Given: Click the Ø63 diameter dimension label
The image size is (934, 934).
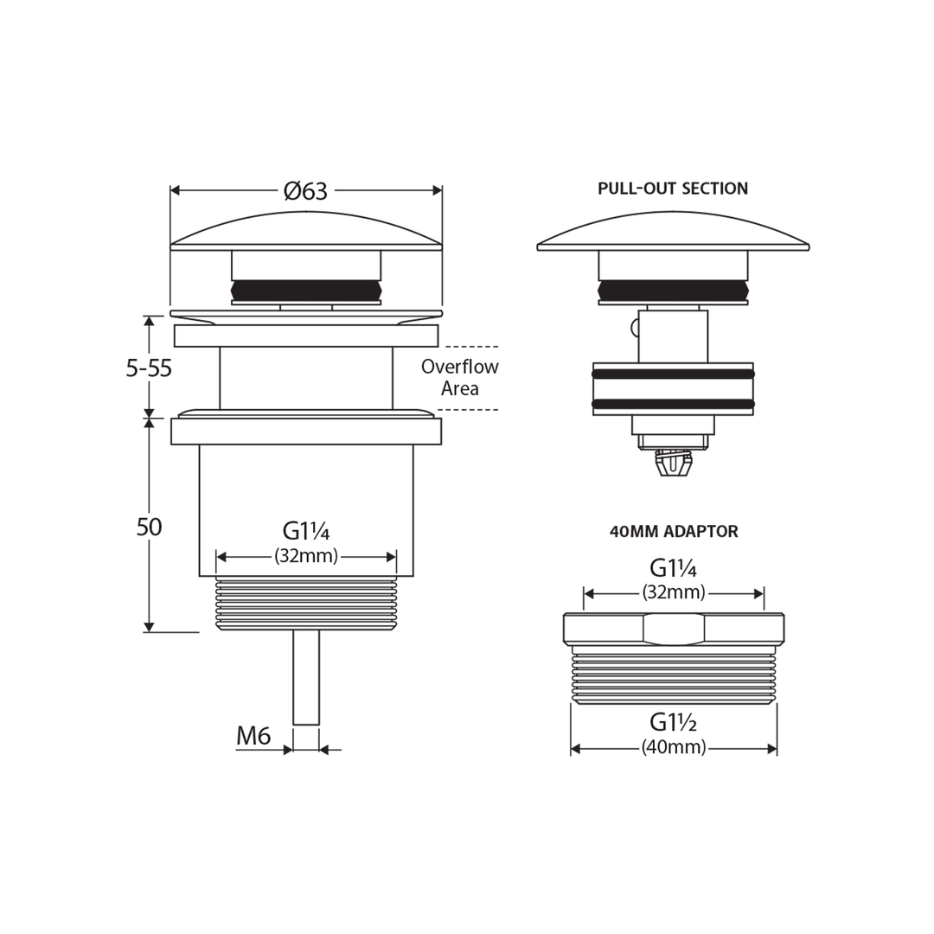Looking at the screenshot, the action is [x=306, y=191].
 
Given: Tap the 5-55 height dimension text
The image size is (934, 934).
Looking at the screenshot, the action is [x=149, y=368].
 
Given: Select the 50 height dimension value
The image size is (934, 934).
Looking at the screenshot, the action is [x=149, y=528].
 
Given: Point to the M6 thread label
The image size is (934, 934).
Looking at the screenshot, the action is [x=253, y=736].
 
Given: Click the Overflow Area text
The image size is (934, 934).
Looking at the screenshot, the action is [x=460, y=377].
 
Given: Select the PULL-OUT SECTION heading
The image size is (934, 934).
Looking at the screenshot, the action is [x=673, y=189].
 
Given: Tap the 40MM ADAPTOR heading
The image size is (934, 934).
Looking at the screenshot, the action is [x=674, y=531].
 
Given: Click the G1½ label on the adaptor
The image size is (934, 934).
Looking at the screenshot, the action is [x=674, y=722].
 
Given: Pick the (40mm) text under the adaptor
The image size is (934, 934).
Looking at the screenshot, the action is [x=674, y=747].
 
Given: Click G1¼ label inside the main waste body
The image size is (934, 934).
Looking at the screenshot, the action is [x=306, y=531].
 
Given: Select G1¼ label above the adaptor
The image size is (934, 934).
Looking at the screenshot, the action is [x=674, y=569].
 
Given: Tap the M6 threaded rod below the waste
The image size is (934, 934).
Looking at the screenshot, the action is [x=306, y=678].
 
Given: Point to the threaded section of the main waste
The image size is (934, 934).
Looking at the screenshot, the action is [x=306, y=604].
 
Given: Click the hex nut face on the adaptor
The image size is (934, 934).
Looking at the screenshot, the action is [x=674, y=629].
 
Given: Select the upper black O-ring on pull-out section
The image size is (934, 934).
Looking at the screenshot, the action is [x=673, y=374].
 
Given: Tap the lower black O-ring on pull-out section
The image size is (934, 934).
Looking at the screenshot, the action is [x=673, y=405].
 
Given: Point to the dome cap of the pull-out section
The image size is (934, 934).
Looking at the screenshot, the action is [x=673, y=231].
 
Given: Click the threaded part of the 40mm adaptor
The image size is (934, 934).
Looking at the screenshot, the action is [x=674, y=675].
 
